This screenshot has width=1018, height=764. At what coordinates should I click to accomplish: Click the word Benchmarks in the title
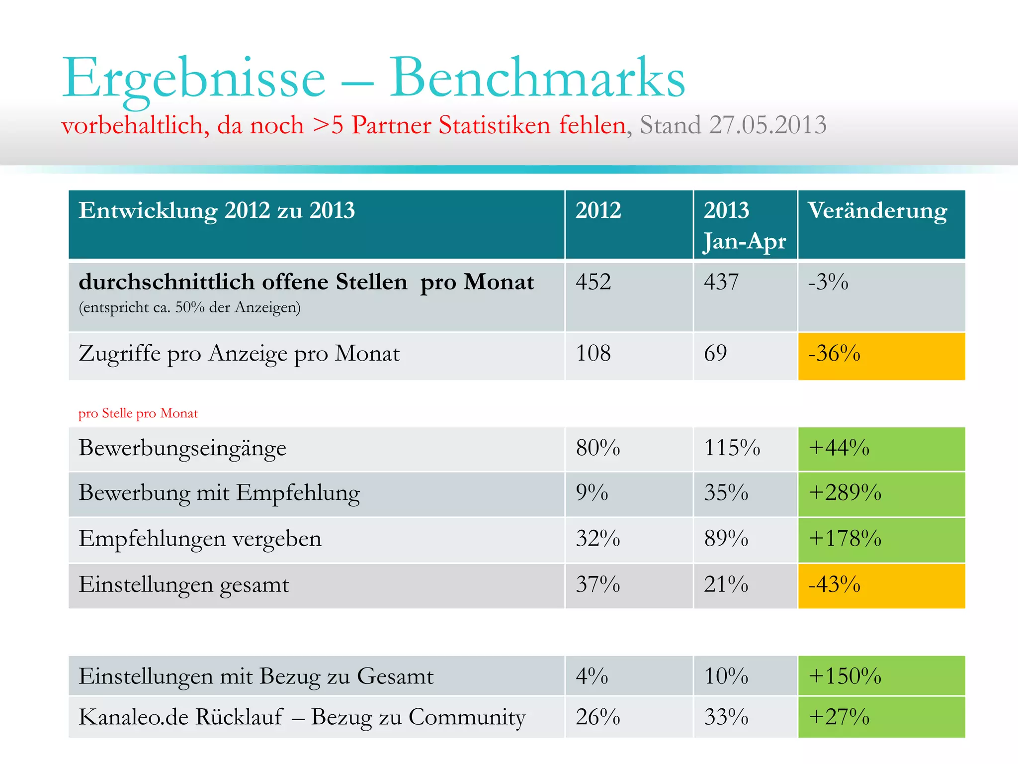pyautogui.click(x=537, y=79)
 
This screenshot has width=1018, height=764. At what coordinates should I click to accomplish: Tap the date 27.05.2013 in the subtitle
pyautogui.click(x=767, y=125)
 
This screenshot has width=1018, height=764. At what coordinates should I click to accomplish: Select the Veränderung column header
pyautogui.click(x=877, y=210)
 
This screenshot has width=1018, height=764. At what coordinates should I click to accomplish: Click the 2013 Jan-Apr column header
pyautogui.click(x=744, y=225)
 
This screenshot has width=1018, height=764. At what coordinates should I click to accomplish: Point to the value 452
pyautogui.click(x=593, y=282)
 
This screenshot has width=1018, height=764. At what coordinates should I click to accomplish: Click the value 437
pyautogui.click(x=721, y=282)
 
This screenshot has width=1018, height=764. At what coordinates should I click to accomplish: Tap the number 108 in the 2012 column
pyautogui.click(x=593, y=354)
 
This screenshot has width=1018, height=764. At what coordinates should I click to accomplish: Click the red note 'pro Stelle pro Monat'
pyautogui.click(x=138, y=413)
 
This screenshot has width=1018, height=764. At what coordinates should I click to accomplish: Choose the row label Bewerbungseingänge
pyautogui.click(x=182, y=448)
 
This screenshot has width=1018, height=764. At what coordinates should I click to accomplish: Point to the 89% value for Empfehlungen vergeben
pyautogui.click(x=726, y=539)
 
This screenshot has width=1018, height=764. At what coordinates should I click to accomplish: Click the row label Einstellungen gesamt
pyautogui.click(x=184, y=585)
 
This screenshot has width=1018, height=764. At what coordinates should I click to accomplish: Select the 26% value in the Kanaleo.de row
pyautogui.click(x=598, y=717)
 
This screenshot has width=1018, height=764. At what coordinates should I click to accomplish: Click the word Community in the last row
pyautogui.click(x=467, y=717)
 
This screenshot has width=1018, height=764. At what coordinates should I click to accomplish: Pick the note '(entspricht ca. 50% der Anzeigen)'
pyautogui.click(x=189, y=307)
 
